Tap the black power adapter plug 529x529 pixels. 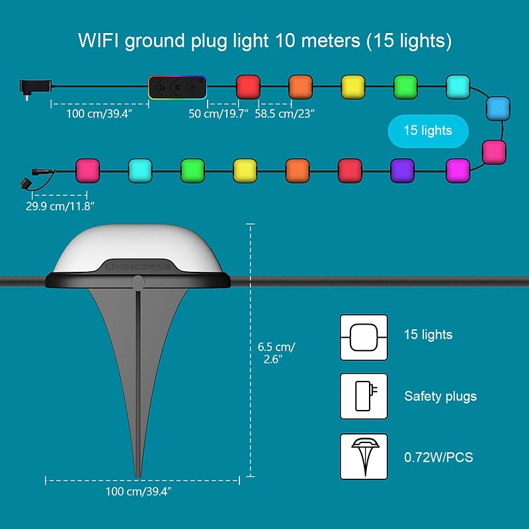(34, 87)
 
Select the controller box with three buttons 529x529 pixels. (177, 87)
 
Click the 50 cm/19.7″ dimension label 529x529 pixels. (218, 114)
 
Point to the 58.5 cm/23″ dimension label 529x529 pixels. (285, 114)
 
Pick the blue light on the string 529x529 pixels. (498, 108)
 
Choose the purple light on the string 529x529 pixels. (402, 170)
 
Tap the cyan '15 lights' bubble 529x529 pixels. (428, 131)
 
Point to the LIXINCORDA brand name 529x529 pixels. (137, 267)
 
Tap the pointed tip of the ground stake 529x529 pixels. (137, 473)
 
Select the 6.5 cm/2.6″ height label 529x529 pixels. (276, 353)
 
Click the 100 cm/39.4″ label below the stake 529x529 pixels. (139, 491)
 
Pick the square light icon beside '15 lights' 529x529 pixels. (364, 337)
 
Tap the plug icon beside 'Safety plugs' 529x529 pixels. (364, 396)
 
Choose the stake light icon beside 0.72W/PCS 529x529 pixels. (364, 456)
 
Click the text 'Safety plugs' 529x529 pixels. (440, 397)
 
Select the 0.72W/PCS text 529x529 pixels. (438, 457)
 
